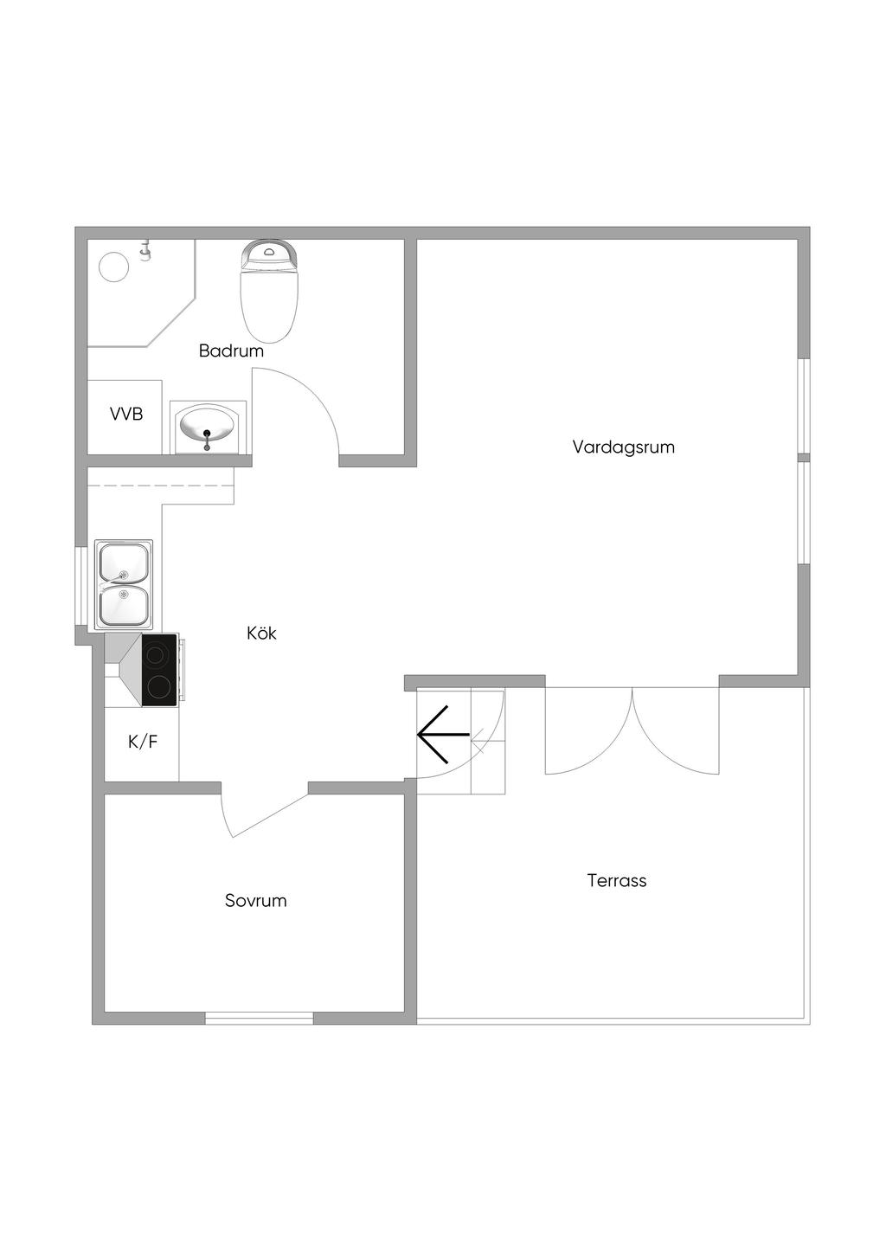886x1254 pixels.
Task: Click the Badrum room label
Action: tap(231, 351)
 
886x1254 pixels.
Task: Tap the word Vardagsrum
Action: tap(624, 447)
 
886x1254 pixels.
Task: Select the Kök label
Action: tap(261, 633)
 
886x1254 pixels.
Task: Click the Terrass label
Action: tap(617, 881)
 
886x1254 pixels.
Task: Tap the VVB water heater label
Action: tap(126, 415)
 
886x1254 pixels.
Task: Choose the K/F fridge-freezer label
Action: tap(143, 743)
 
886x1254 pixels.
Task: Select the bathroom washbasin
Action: tap(208, 428)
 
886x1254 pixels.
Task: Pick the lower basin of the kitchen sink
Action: tap(124, 607)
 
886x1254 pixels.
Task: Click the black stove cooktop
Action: tap(159, 670)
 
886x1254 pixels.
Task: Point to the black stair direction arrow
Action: tap(443, 734)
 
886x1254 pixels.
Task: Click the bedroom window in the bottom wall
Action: tap(260, 1019)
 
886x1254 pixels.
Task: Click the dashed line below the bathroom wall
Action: tap(160, 486)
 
